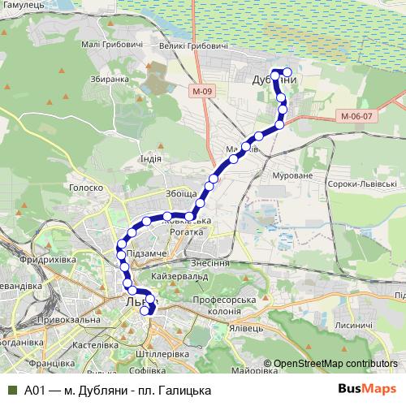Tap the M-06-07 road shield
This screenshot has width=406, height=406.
(356, 116)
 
